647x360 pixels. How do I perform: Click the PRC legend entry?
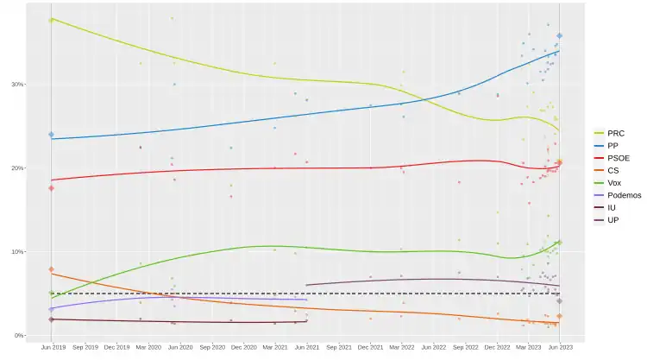point(616,134)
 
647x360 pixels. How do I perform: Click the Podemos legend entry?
point(624,195)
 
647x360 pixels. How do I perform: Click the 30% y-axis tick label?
point(17,85)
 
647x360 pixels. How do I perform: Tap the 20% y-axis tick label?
point(17,168)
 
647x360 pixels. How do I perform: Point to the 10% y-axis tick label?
point(17,252)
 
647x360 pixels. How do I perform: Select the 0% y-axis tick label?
point(19,336)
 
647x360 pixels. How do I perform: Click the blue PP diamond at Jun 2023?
point(559,36)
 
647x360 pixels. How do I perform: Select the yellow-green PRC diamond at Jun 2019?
point(52,19)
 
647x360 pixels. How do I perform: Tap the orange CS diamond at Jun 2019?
point(52,270)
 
